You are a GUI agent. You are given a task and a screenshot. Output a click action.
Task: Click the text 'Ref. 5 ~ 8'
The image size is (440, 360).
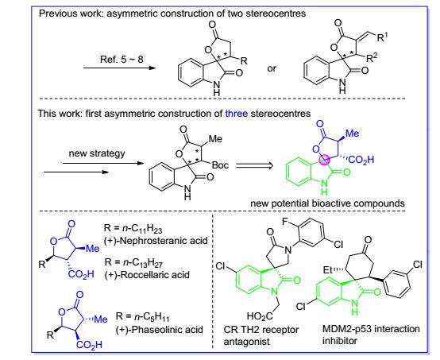122,60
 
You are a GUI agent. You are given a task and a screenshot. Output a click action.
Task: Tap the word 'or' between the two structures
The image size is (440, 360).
272,68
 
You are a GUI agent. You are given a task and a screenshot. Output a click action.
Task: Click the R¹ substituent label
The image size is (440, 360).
382,37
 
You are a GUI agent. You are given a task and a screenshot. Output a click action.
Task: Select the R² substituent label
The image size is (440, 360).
372,57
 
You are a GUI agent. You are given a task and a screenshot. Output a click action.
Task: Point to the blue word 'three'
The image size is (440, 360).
236,114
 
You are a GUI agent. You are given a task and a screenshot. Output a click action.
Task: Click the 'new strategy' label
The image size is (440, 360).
97,153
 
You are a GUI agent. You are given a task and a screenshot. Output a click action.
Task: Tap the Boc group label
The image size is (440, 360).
220,165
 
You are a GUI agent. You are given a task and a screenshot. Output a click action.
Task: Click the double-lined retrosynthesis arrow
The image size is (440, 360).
254,165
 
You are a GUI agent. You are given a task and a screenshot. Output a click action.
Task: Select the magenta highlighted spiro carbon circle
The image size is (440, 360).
324,160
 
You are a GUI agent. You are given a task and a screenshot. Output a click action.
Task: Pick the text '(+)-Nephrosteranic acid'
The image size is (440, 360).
156,241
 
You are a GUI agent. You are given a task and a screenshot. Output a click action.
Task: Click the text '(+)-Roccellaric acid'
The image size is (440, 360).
147,274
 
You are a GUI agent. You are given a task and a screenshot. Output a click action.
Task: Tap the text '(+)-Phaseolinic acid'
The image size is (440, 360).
159,329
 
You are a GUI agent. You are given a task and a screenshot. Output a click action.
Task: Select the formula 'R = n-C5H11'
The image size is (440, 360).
142,317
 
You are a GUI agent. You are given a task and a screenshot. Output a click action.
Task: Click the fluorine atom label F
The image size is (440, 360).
285,222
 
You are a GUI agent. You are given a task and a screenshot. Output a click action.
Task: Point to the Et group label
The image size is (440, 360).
328,270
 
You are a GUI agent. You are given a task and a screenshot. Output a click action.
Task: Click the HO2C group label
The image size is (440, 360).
260,316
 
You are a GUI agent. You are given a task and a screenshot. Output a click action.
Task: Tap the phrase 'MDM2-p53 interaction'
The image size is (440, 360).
371,328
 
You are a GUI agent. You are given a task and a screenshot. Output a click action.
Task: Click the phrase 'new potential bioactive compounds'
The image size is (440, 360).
327,203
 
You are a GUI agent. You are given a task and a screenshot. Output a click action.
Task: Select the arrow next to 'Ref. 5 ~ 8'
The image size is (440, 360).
120,68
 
